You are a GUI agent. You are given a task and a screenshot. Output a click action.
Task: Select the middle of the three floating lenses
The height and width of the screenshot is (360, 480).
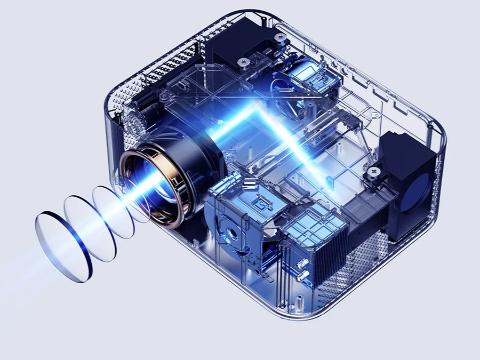coord(90,229)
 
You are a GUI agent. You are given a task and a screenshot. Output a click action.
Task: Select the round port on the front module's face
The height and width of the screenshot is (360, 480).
coord(233,234)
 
